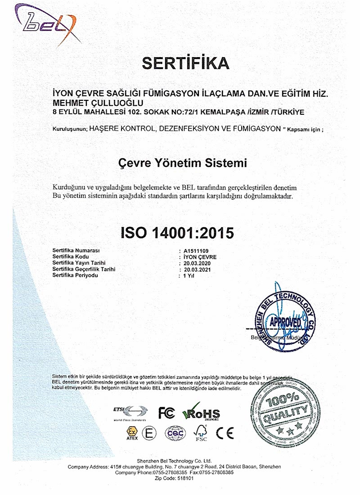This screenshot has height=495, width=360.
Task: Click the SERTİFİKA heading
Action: pyautogui.click(x=185, y=63)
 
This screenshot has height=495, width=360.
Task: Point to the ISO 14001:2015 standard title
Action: pyautogui.click(x=178, y=233)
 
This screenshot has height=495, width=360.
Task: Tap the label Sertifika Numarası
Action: pyautogui.click(x=76, y=250)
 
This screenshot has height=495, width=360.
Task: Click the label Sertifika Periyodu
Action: pyautogui.click(x=75, y=275)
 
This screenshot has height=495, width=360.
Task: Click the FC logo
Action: pyautogui.click(x=166, y=412)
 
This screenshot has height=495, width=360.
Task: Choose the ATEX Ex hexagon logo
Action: pyautogui.click(x=132, y=432)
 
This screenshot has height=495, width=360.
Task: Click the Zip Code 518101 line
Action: pyautogui.click(x=180, y=479)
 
